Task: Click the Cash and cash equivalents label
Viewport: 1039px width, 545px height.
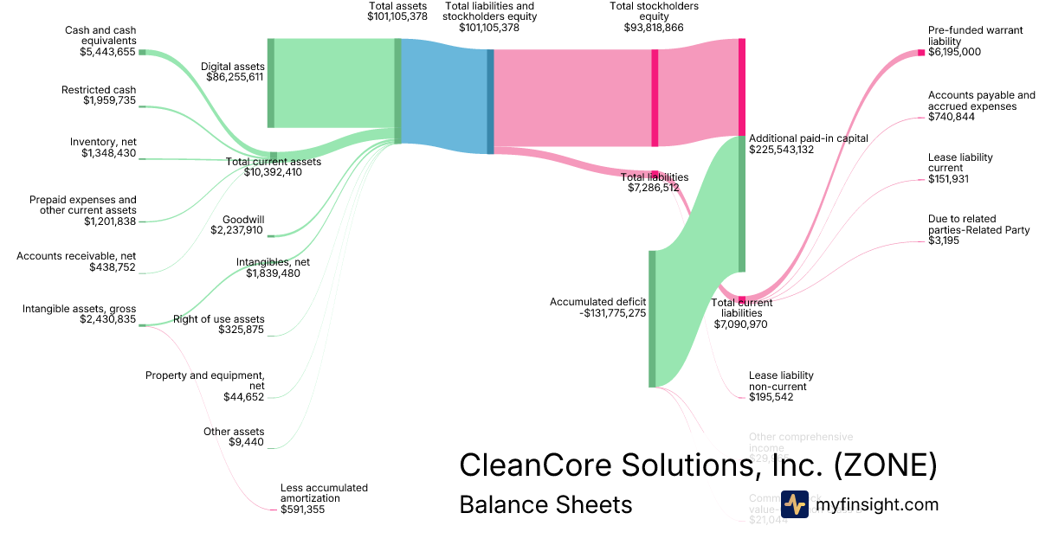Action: pyautogui.click(x=100, y=35)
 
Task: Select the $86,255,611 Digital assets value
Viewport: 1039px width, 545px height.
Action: pyautogui.click(x=235, y=77)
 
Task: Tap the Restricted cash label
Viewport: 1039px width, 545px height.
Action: pyautogui.click(x=99, y=90)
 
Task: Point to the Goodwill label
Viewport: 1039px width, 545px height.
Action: pyautogui.click(x=243, y=220)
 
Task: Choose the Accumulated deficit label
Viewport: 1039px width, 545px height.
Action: pyautogui.click(x=597, y=302)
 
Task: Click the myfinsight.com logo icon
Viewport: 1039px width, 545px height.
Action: pyautogui.click(x=794, y=504)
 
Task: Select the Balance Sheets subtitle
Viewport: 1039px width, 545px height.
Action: pyautogui.click(x=545, y=504)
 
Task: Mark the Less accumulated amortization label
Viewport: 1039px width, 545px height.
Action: pyautogui.click(x=324, y=493)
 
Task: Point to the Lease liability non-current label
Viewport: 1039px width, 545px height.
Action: pyautogui.click(x=781, y=381)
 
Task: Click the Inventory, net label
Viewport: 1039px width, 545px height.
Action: pyautogui.click(x=103, y=142)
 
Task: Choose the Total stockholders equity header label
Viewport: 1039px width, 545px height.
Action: pyautogui.click(x=654, y=11)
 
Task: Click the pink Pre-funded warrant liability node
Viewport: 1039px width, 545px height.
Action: pyautogui.click(x=921, y=53)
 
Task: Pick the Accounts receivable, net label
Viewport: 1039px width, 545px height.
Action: pyautogui.click(x=76, y=256)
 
